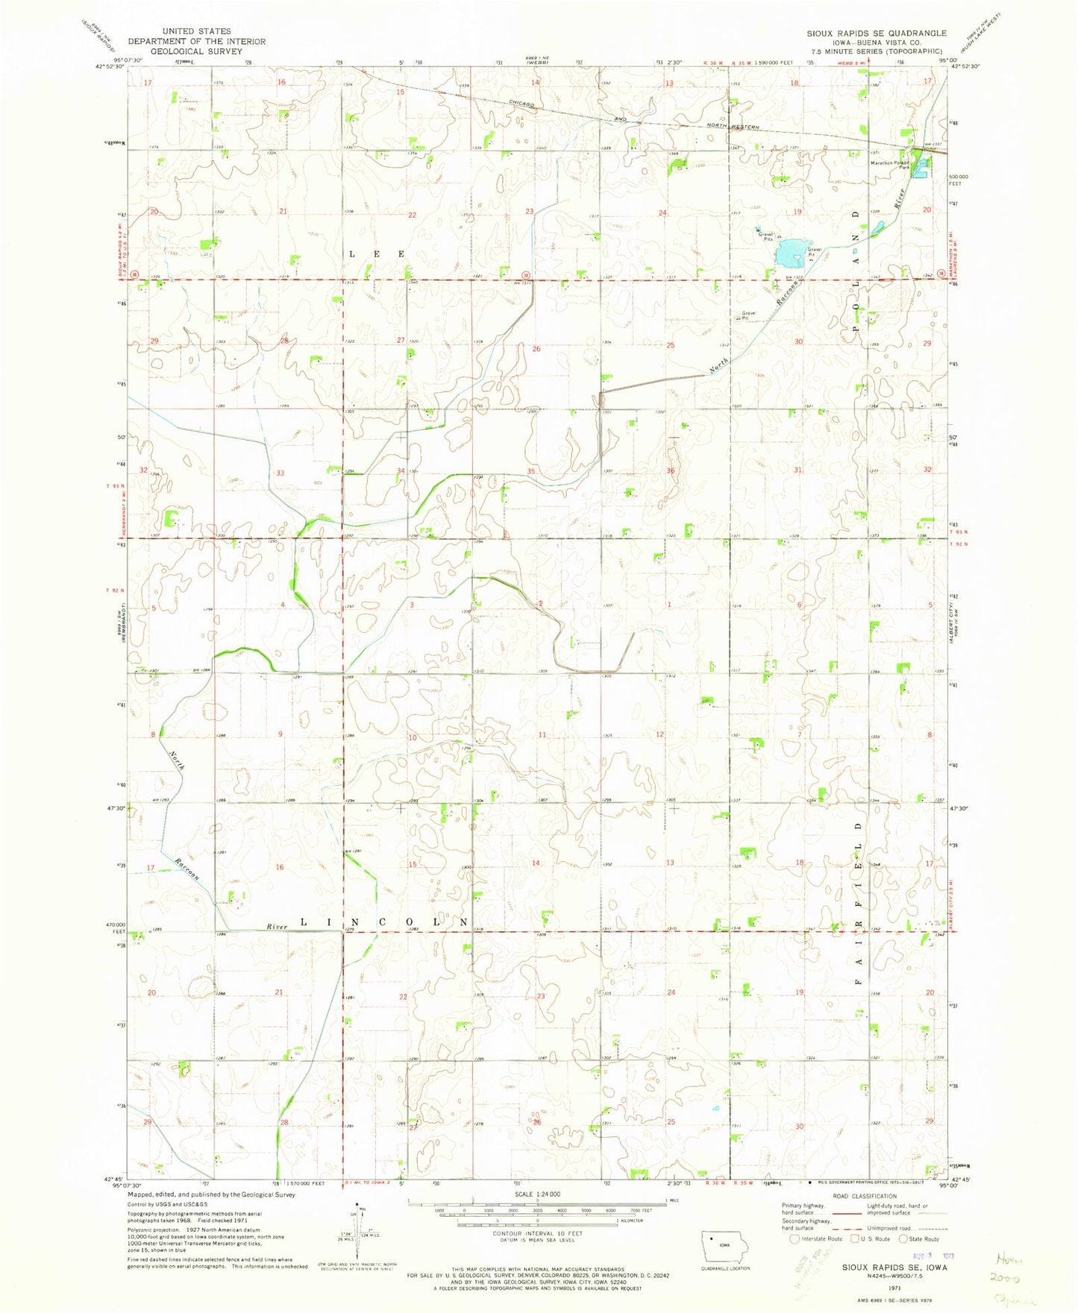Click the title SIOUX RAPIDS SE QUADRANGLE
click(x=877, y=33)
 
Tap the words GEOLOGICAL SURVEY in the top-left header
click(x=196, y=51)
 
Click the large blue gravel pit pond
click(x=792, y=254)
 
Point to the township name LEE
click(x=377, y=254)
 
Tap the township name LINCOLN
click(x=384, y=922)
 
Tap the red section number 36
click(x=670, y=470)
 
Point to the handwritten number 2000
click(x=1018, y=1277)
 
